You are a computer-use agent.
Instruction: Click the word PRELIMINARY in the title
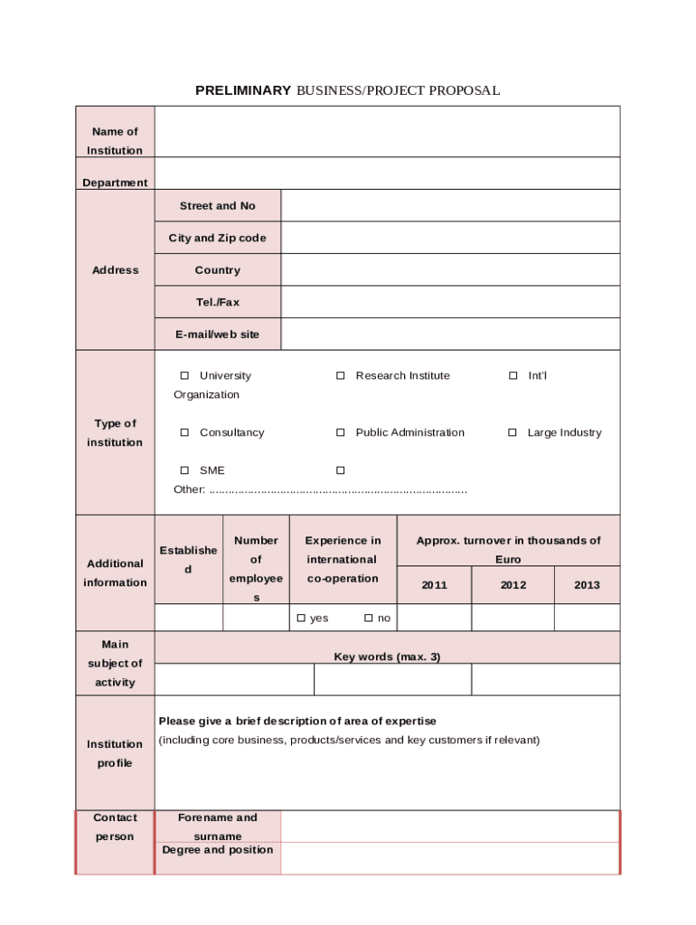(x=243, y=90)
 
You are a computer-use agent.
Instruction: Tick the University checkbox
(x=184, y=376)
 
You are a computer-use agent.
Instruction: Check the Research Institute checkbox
(x=341, y=376)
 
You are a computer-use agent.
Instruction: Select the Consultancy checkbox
(x=184, y=433)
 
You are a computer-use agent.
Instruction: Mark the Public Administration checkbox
(x=341, y=433)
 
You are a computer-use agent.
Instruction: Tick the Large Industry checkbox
(x=513, y=433)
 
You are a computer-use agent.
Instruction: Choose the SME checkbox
(x=184, y=471)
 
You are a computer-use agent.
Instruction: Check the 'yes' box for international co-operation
(x=302, y=618)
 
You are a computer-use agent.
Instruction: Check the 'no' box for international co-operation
(x=369, y=618)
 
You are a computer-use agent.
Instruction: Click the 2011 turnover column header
(x=434, y=585)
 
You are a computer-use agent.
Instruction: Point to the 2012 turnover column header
(x=513, y=585)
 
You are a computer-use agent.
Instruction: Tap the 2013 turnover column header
(x=587, y=585)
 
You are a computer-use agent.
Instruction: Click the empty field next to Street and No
(x=450, y=206)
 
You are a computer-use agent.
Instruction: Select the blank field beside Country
(x=450, y=270)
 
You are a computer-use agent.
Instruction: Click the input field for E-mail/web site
(x=450, y=334)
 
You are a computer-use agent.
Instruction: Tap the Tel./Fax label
(x=218, y=303)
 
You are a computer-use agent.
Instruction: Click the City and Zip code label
(x=218, y=238)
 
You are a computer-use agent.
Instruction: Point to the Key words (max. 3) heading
(x=387, y=657)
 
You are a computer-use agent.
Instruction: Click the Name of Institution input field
(x=387, y=132)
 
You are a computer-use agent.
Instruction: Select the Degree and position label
(x=218, y=850)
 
